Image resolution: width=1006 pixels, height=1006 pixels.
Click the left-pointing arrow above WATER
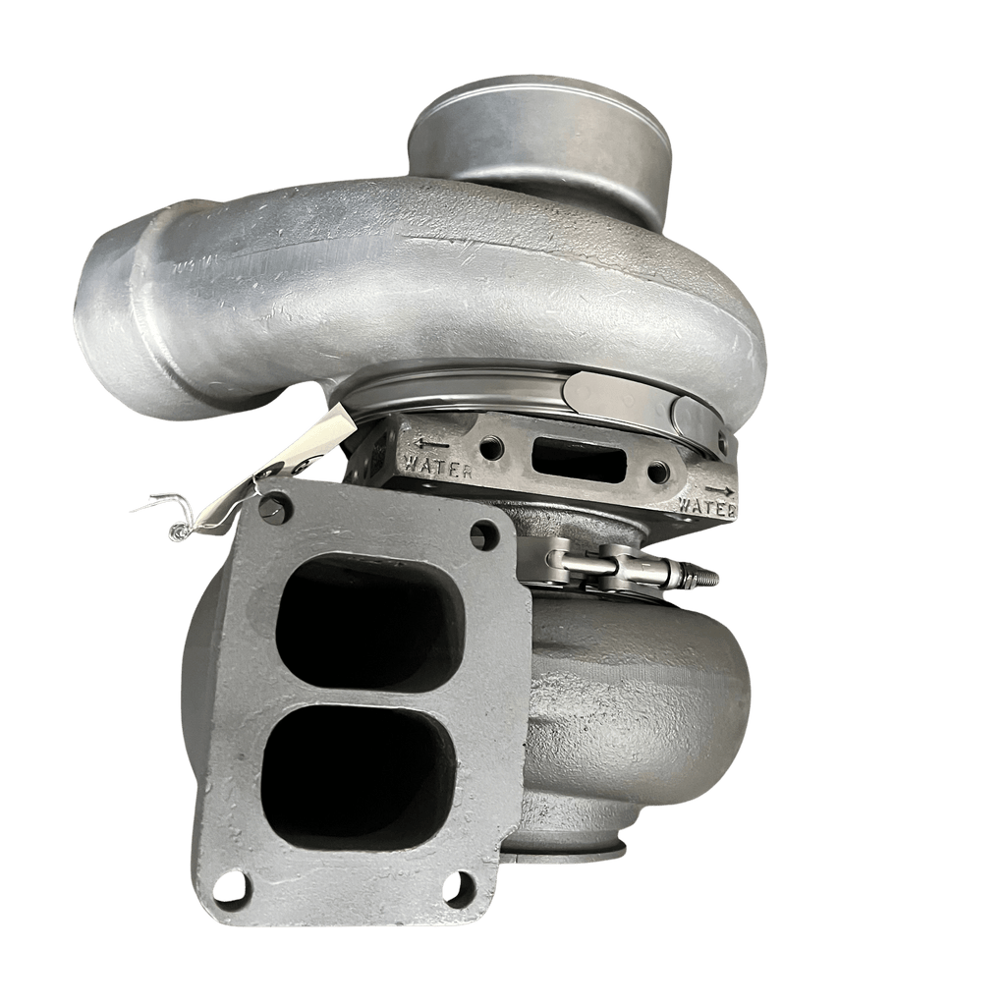431,443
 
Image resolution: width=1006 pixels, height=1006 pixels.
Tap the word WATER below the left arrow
438,465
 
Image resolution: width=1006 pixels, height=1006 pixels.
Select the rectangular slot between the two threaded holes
580,456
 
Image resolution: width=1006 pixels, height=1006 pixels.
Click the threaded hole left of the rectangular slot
493,447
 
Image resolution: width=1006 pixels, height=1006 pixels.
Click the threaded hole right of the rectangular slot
658,474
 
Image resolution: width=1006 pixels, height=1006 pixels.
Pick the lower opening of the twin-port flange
360,776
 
